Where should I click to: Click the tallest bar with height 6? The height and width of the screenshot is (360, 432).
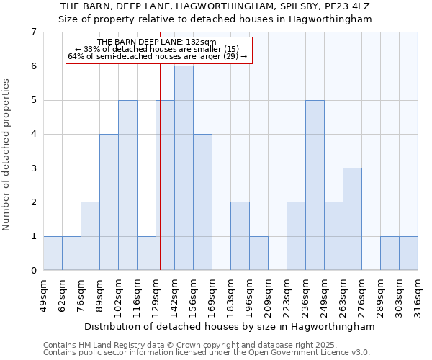click(x=184, y=168)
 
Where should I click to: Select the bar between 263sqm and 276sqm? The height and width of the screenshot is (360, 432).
click(x=352, y=219)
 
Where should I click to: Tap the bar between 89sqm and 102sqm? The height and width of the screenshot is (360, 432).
click(x=109, y=202)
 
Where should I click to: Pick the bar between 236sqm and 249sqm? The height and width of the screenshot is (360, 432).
click(x=315, y=185)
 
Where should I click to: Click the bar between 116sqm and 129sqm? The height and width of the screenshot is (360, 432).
click(x=146, y=253)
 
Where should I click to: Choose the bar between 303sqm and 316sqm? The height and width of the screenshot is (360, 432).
click(x=408, y=253)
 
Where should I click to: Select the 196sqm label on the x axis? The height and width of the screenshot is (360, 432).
click(x=249, y=295)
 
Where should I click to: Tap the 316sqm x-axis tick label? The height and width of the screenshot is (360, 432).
click(x=418, y=295)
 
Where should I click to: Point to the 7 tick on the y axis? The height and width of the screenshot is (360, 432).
click(x=33, y=32)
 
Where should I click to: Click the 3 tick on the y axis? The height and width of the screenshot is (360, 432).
click(x=33, y=168)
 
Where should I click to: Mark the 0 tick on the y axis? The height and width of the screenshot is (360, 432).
click(x=33, y=271)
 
